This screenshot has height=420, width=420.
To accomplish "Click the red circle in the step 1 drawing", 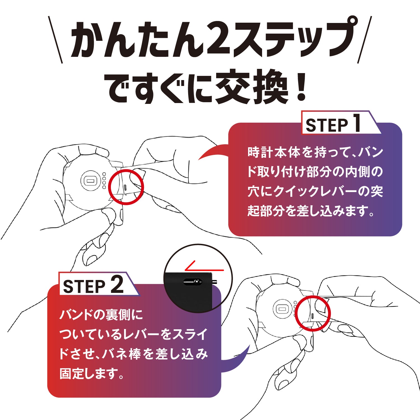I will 126,187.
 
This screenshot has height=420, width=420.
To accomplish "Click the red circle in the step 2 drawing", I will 314,314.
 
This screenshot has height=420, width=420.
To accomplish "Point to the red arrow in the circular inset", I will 203,267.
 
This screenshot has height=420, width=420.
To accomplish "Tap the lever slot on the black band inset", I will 193,282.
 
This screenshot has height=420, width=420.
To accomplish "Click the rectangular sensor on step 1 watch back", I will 90,181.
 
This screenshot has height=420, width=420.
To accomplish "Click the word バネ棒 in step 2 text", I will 121,354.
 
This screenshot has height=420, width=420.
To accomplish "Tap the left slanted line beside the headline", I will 55,39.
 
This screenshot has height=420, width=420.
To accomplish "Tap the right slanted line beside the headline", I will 365,39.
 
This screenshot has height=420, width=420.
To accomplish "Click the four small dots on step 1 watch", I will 104,181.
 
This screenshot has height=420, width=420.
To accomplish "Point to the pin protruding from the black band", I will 214,282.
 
